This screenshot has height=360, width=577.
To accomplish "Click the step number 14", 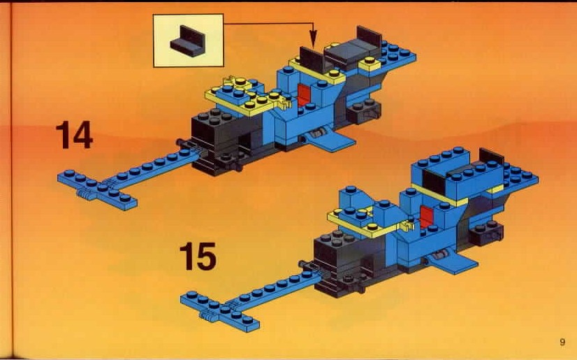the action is (74, 136).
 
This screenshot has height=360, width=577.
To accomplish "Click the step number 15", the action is (198, 257).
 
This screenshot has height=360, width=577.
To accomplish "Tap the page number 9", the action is (562, 342).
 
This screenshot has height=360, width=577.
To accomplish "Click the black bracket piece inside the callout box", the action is (188, 41).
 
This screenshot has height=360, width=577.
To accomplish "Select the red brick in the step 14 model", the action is (305, 94).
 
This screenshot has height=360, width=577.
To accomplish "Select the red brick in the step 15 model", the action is (427, 217).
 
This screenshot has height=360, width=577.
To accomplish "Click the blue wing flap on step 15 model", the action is (456, 263).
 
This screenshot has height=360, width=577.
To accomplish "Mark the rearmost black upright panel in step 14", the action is (369, 38).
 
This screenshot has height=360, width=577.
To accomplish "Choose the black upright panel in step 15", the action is (492, 157).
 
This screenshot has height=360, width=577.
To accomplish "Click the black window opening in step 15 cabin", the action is (434, 182).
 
